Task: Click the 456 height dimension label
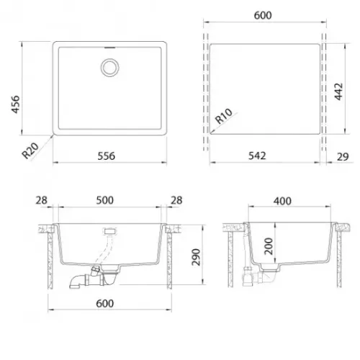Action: pyautogui.click(x=16, y=104)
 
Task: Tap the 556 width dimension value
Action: pyautogui.click(x=107, y=156)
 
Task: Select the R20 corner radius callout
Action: pyautogui.click(x=30, y=150)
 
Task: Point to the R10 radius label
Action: pyautogui.click(x=224, y=116)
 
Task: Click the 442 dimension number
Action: pyautogui.click(x=338, y=91)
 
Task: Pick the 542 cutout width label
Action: pyautogui.click(x=257, y=156)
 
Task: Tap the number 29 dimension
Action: pyautogui.click(x=343, y=157)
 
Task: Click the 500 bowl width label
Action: pyautogui.click(x=105, y=200)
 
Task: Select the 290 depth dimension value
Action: pyautogui.click(x=196, y=257)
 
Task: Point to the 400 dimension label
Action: pyautogui.click(x=282, y=201)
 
